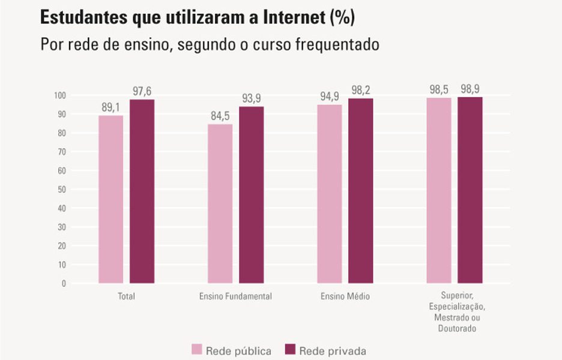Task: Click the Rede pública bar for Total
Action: coord(110,199)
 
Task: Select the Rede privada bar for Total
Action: coord(142,191)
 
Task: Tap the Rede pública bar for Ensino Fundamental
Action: coord(220,203)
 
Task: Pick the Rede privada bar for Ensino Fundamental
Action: coord(251,195)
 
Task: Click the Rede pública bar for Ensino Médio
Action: coord(329,194)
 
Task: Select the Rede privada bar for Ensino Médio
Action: coord(361,191)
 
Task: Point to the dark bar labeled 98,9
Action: coord(470,190)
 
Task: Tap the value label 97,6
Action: coord(142,91)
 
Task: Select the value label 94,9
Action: coord(329,96)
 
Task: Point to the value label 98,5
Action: coord(439,89)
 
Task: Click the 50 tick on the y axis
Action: coord(62,189)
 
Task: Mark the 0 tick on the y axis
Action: coord(63,283)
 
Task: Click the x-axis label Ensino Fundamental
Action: coord(235,296)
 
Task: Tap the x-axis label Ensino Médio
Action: coord(345,296)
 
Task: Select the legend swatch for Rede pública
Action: coord(197,350)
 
